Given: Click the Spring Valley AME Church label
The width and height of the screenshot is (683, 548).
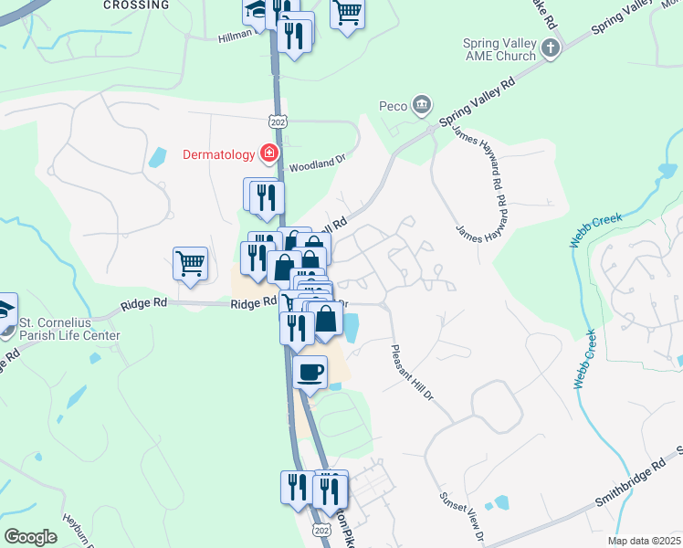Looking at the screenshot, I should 499,49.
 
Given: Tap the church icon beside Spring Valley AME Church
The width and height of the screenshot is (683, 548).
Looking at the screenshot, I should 550,49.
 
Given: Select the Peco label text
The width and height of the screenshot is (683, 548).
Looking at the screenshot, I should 393,107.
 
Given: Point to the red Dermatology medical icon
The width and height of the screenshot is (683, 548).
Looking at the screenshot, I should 269,153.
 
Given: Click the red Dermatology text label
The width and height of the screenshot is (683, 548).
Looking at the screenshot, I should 219,153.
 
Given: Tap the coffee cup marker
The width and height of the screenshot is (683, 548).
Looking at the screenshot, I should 311,372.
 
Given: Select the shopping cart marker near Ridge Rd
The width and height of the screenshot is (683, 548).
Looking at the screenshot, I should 190,263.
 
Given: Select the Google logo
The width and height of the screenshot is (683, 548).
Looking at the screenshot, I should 30,537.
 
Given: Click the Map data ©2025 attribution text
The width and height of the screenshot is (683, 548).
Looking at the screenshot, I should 644,541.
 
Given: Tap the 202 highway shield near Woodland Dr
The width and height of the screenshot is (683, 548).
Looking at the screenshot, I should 278,121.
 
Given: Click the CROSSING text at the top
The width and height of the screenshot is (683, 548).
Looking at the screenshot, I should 136,5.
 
